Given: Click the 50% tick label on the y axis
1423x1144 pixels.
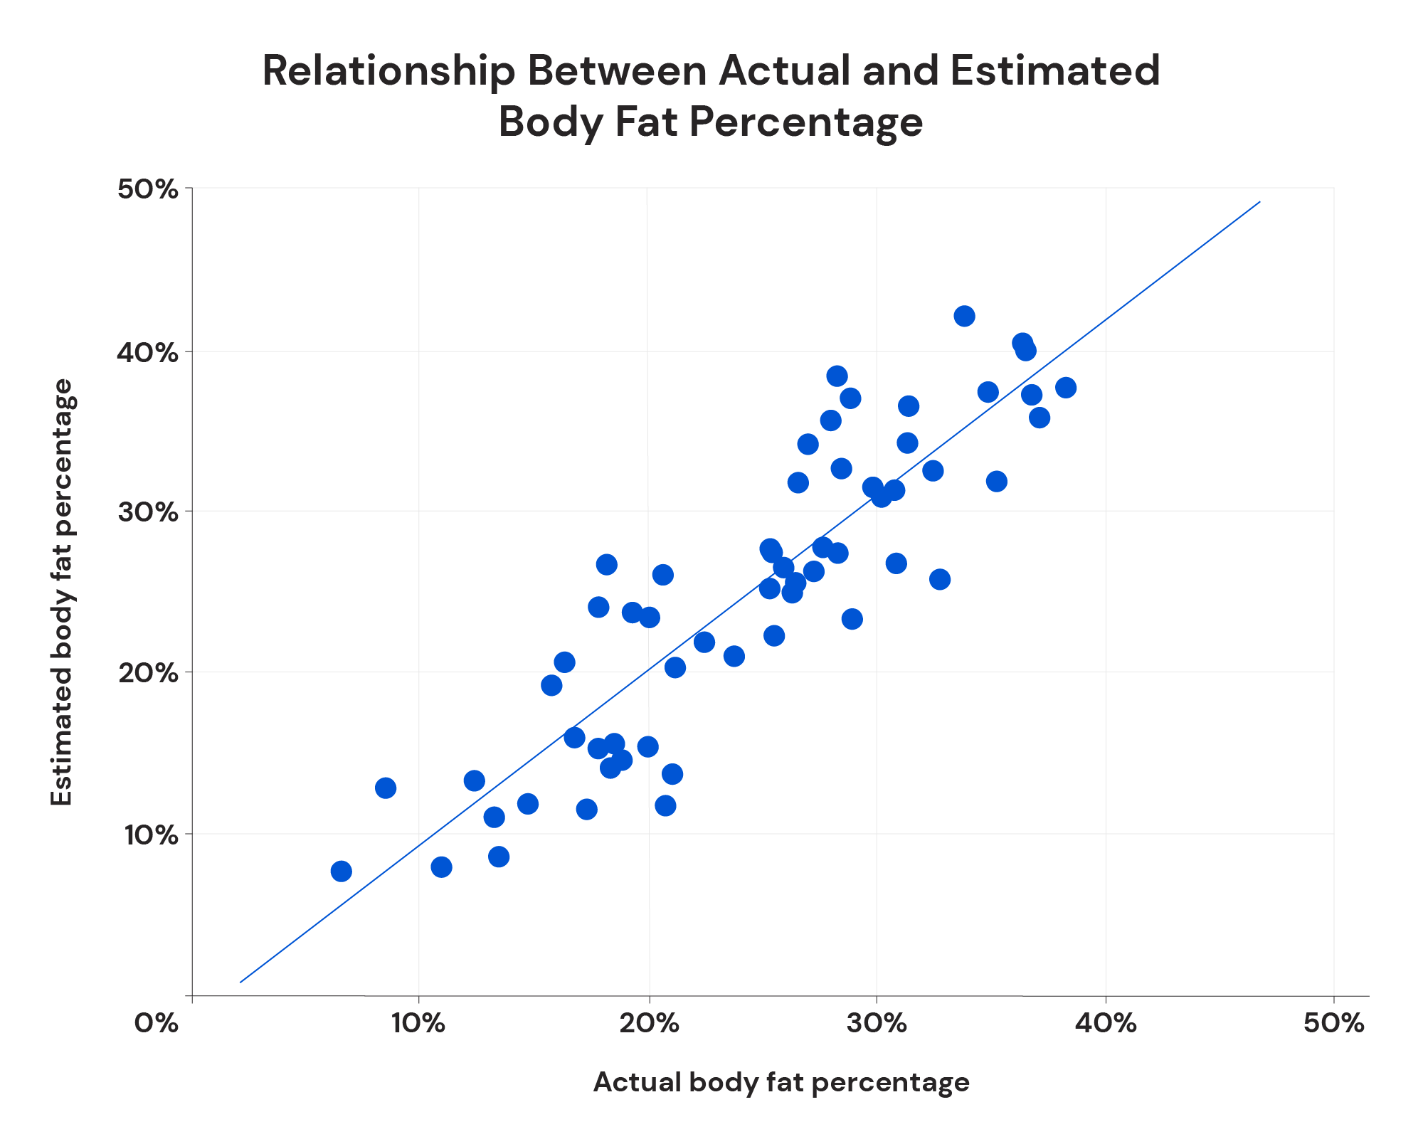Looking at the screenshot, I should coord(148,190).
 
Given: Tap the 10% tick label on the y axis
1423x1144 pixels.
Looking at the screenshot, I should coord(148,835).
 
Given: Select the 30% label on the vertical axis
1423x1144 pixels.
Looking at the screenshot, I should coord(148,512).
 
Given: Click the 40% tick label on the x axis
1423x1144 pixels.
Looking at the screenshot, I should coord(1106,1023).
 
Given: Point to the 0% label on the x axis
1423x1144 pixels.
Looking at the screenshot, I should coord(157,1023).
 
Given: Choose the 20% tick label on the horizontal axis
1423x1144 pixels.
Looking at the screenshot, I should coord(648,1023).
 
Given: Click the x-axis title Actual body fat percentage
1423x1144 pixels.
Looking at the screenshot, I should coord(781,1082).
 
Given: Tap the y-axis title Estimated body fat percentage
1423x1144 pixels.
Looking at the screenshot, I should coord(63,592).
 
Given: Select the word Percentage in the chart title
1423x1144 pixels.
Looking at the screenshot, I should coord(806,122).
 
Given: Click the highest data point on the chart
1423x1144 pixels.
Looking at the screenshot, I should coord(964,316).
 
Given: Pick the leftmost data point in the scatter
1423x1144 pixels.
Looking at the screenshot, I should coord(342,871).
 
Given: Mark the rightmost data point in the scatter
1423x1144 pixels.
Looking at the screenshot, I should coord(1066,388).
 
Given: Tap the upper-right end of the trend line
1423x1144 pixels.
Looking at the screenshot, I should coord(1259,202).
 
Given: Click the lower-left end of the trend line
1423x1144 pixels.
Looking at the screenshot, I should coord(241,982).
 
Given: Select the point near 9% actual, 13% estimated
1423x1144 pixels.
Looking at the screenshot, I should coord(386,788).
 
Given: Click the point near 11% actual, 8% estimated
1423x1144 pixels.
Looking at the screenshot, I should coord(441,867).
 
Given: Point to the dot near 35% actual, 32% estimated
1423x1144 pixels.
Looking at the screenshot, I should coord(997,482).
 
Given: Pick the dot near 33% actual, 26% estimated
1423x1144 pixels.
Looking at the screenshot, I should coord(940,579).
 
